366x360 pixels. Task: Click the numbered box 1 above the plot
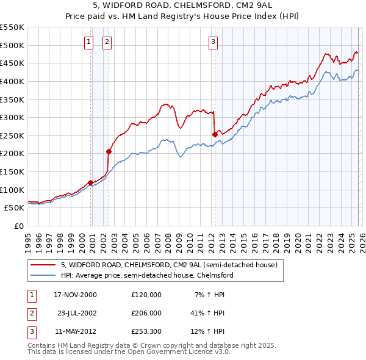click(x=88, y=42)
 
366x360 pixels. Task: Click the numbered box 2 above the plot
click(x=107, y=42)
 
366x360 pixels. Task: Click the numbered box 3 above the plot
click(x=213, y=42)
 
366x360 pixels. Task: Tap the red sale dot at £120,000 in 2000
click(x=91, y=182)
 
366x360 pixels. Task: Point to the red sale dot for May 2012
click(x=215, y=134)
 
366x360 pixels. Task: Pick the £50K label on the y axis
click(x=15, y=207)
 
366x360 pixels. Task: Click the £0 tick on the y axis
click(x=18, y=226)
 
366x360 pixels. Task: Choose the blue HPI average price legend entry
click(x=146, y=275)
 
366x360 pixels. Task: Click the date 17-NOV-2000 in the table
click(x=75, y=294)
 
